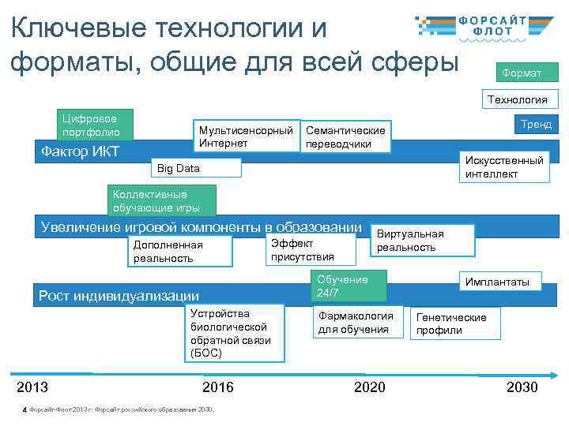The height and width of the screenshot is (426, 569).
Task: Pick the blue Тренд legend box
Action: click(x=535, y=124)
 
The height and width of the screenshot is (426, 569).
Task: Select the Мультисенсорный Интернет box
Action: click(x=246, y=136)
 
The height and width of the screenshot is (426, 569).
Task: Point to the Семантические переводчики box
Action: click(x=346, y=136)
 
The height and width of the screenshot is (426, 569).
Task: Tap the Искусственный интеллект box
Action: click(x=503, y=166)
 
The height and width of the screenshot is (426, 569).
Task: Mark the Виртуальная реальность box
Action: click(x=423, y=241)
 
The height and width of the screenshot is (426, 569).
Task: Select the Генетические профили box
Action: click(x=454, y=323)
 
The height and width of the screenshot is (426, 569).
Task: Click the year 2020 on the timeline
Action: click(x=369, y=387)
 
